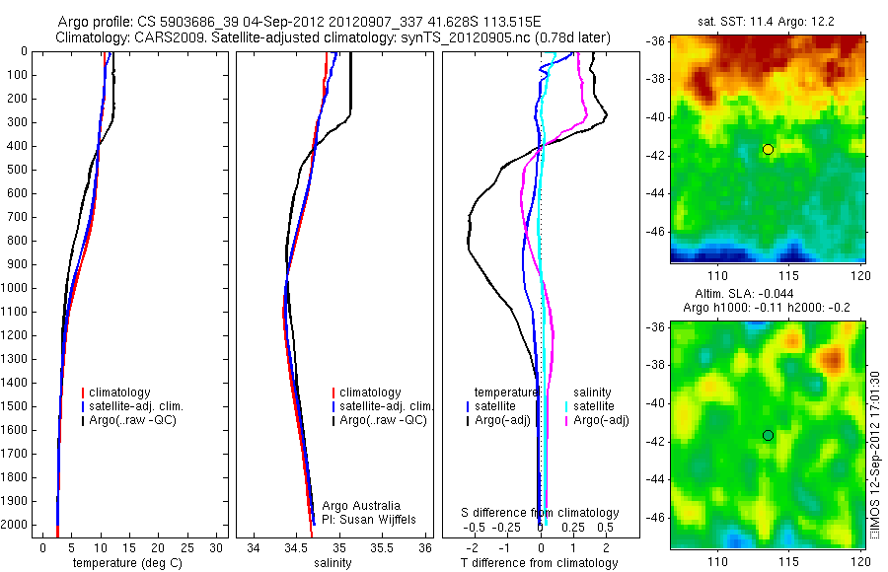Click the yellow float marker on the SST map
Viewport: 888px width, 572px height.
768,149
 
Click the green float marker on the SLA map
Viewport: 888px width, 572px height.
768,435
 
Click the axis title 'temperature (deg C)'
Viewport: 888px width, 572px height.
125,563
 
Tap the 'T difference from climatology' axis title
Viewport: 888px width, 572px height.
540,563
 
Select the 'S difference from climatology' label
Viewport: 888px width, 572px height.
541,513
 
